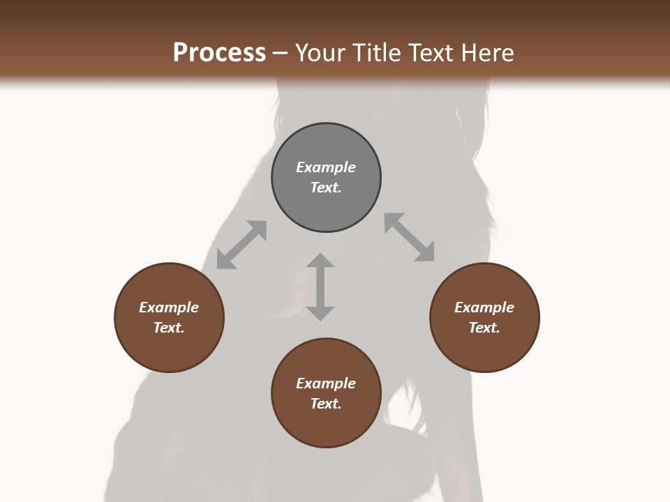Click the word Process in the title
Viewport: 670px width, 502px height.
click(x=219, y=53)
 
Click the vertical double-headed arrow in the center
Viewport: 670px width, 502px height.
click(x=320, y=287)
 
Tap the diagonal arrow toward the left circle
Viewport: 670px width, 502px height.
click(x=241, y=245)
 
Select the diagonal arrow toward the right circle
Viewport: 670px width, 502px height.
click(x=410, y=237)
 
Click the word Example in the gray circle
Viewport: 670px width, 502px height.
click(x=326, y=167)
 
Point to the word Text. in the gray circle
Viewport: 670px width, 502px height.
click(x=326, y=188)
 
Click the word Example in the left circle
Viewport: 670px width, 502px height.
click(x=169, y=307)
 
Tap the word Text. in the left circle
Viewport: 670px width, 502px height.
click(x=169, y=328)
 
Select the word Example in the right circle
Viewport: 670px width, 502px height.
click(x=484, y=307)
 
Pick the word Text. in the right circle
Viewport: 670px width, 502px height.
click(x=484, y=328)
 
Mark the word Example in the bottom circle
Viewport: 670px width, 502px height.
click(x=326, y=383)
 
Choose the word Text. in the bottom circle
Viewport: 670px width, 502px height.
click(x=326, y=404)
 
